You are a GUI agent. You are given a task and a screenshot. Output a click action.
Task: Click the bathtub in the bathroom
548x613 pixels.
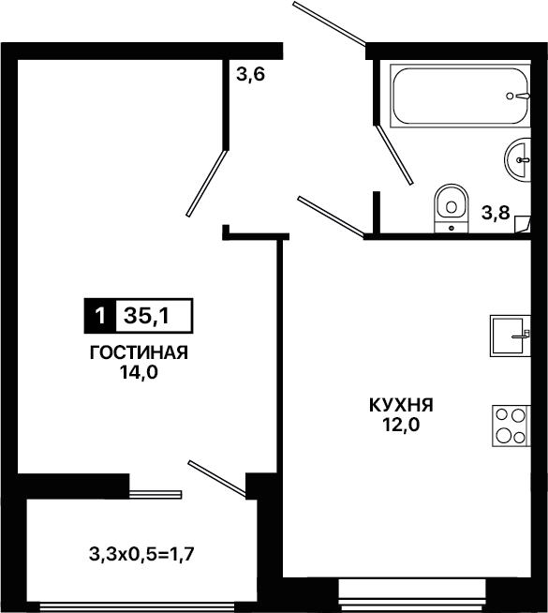click(460, 96)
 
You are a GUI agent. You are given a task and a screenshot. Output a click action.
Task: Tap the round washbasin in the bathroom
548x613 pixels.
click(517, 159)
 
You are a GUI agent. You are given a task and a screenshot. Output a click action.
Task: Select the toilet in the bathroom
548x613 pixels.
click(452, 208)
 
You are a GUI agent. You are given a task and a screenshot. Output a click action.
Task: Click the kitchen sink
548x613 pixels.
click(511, 336)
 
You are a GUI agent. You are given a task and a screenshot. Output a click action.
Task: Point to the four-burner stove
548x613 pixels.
click(511, 426)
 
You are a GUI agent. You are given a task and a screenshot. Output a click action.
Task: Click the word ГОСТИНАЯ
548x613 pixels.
click(139, 352)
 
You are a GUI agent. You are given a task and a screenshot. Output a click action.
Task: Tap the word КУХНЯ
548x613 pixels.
click(401, 405)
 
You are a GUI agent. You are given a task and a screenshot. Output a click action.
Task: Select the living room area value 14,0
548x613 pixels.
click(139, 372)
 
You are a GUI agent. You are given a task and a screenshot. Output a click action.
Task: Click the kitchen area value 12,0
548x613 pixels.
click(401, 425)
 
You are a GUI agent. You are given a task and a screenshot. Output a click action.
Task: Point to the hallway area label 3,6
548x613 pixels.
click(250, 74)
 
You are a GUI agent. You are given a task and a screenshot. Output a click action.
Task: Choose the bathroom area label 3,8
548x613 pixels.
click(496, 213)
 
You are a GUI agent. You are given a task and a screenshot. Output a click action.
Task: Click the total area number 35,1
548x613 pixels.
click(147, 316)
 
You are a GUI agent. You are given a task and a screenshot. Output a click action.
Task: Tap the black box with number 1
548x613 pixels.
click(100, 316)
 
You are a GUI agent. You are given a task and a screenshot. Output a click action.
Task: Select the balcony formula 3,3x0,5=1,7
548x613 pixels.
click(141, 554)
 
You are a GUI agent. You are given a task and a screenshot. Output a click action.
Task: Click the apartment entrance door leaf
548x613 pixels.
click(330, 22)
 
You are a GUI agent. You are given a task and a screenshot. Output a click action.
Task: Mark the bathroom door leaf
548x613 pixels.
click(394, 155)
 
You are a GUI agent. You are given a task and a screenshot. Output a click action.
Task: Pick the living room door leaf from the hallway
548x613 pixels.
click(207, 183)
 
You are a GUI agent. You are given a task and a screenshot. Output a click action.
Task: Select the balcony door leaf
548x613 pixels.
click(217, 479)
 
